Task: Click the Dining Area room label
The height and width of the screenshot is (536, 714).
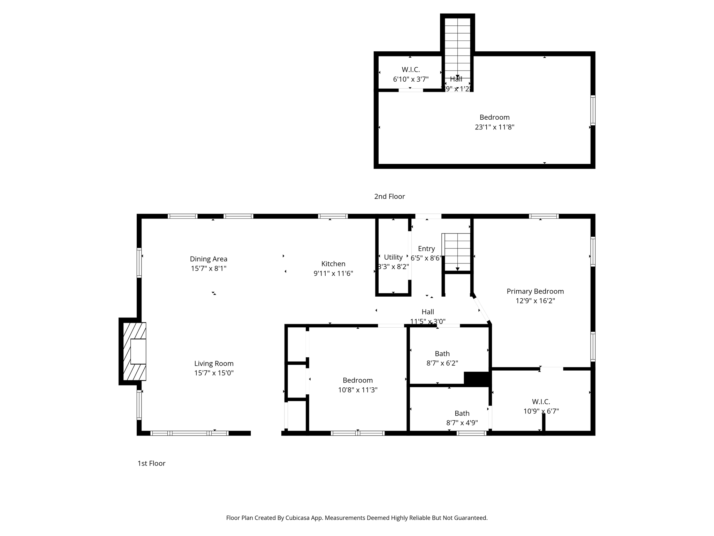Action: (x=208, y=259)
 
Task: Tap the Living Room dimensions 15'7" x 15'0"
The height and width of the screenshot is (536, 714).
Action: (x=214, y=373)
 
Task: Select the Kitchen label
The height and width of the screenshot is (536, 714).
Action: (x=333, y=264)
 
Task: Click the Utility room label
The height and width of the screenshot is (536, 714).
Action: (x=393, y=257)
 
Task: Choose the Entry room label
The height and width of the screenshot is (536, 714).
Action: (x=426, y=248)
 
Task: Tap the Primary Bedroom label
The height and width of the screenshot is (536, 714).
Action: (x=535, y=291)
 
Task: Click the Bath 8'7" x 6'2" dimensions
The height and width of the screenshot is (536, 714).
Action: (x=442, y=363)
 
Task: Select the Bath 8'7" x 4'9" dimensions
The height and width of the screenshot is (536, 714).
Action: (x=462, y=423)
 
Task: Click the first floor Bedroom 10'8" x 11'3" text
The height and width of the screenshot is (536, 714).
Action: (x=358, y=385)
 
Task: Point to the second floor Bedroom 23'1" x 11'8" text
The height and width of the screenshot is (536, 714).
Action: (x=494, y=122)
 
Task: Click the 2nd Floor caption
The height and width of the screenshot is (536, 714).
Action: (x=389, y=196)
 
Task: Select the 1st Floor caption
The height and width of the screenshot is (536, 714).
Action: (x=151, y=463)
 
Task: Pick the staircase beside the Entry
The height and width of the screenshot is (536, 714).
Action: (x=457, y=252)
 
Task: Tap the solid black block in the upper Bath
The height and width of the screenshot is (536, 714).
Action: (x=477, y=378)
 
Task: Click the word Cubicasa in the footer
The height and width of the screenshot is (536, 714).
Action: (x=298, y=518)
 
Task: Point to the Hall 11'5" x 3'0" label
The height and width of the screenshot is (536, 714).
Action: (x=428, y=317)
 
